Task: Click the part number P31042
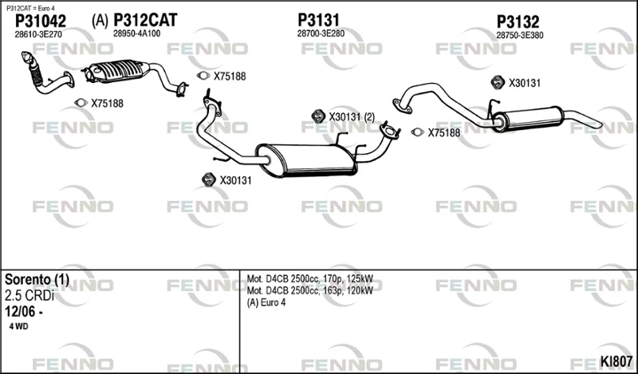41,21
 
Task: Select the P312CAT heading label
145,20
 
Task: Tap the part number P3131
318,20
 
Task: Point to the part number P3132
518,22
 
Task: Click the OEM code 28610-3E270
38,34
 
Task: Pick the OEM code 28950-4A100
136,33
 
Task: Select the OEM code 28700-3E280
321,33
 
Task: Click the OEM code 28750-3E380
520,35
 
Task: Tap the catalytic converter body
117,71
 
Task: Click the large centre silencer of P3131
306,160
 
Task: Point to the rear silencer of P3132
529,119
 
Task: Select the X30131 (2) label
352,117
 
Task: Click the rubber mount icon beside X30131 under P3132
498,82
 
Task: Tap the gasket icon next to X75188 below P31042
81,103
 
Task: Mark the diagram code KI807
616,361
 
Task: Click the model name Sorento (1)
37,280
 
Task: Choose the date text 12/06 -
24,312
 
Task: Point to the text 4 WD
18,326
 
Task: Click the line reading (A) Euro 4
266,303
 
